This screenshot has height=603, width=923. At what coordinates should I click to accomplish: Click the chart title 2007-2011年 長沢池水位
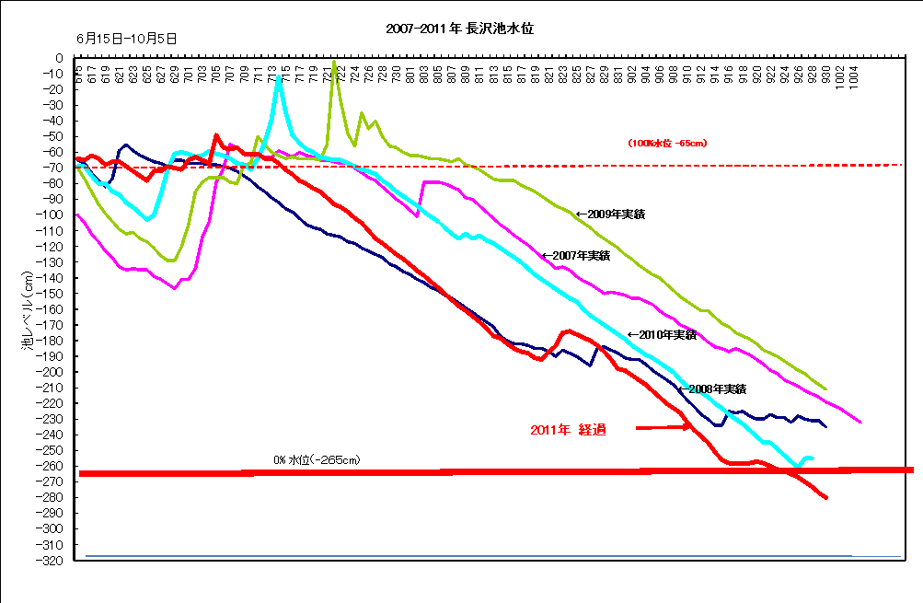[461, 29]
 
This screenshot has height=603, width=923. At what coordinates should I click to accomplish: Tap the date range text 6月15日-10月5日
[128, 39]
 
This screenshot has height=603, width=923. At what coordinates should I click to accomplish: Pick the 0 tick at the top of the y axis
[59, 58]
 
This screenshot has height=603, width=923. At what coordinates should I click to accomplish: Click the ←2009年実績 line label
[610, 214]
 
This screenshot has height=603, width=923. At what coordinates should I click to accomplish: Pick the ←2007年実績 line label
[575, 255]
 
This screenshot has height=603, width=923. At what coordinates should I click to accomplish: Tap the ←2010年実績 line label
[661, 334]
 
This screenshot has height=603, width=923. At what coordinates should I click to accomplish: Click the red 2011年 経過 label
[568, 430]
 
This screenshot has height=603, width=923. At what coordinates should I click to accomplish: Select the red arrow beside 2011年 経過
[663, 427]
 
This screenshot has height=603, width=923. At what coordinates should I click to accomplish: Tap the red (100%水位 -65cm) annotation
[667, 143]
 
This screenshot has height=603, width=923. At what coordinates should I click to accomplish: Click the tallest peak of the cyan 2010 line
[279, 77]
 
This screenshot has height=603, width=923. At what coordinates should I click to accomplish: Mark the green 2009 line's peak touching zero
[334, 62]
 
